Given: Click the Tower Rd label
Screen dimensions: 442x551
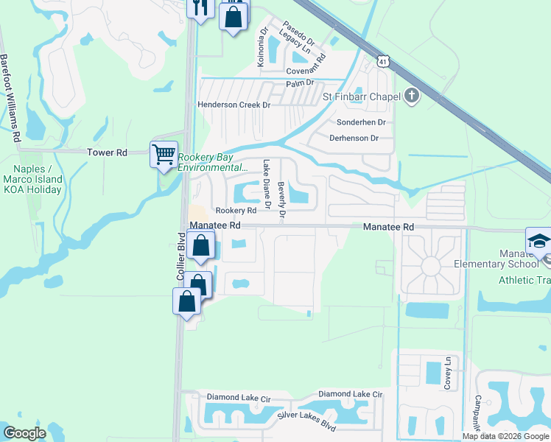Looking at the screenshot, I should click(x=107, y=152).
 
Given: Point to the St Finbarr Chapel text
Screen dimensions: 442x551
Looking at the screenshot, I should click(x=361, y=97).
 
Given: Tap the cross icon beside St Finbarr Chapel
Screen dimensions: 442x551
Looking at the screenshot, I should click(x=410, y=96).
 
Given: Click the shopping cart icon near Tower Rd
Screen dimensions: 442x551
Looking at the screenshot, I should click(x=164, y=154).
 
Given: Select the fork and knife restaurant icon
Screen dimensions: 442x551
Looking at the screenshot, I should click(x=200, y=7).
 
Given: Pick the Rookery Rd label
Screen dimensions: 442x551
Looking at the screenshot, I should click(x=235, y=211).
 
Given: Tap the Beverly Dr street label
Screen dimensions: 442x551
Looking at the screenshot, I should click(x=281, y=202).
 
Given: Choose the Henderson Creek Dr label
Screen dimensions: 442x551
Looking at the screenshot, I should click(x=234, y=105).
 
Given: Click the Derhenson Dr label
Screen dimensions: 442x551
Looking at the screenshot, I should click(x=354, y=138).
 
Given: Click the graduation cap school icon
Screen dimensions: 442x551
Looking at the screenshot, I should click(x=538, y=242).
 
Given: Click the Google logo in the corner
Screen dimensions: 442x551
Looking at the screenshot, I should click(x=24, y=433).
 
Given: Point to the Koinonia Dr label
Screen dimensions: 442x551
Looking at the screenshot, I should click(x=261, y=48).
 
